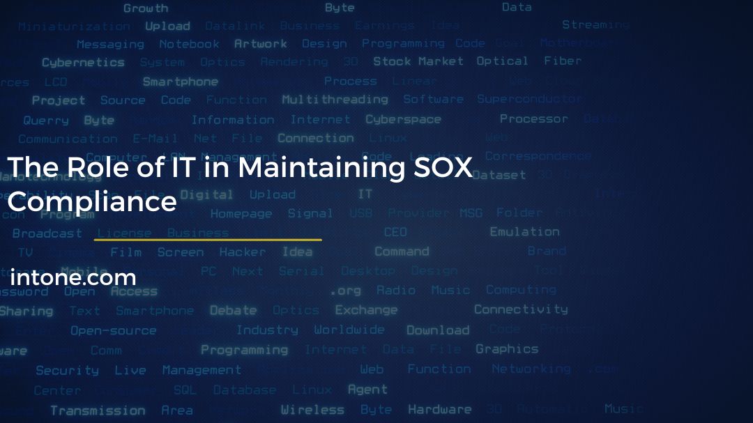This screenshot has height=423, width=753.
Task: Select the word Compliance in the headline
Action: tap(91, 202)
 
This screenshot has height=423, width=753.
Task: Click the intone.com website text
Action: tap(73, 277)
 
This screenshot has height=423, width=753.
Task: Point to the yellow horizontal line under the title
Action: tap(208, 240)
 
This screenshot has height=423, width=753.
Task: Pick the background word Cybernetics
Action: tap(83, 63)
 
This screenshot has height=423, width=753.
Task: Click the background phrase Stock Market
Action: tap(418, 61)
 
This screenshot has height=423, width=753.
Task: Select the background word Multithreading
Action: tap(335, 100)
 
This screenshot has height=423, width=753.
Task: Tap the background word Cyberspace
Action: tap(403, 119)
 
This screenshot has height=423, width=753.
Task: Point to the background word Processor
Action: tap(534, 118)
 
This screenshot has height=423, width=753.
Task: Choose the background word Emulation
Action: tap(524, 232)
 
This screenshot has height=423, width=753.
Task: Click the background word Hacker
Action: tap(243, 252)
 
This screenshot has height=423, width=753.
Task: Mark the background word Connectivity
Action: tap(521, 309)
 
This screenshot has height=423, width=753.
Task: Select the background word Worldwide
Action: tap(349, 330)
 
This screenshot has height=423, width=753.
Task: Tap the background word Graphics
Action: tap(507, 349)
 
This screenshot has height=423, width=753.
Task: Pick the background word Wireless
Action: tap(312, 410)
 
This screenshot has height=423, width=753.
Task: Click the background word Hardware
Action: tap(440, 410)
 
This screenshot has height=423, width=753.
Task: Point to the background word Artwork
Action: tap(261, 44)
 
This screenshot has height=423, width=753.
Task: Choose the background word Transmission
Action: tap(98, 410)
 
